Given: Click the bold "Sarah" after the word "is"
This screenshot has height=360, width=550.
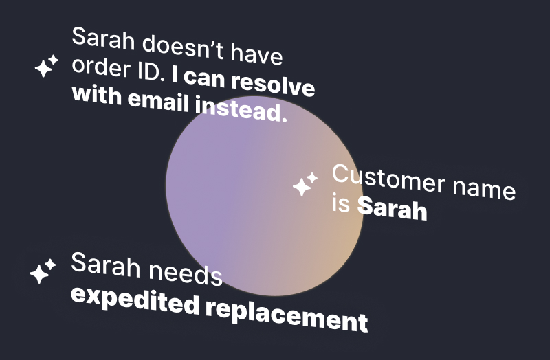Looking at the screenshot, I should click(392, 209).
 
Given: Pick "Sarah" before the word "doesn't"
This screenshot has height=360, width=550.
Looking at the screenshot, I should click(102, 40).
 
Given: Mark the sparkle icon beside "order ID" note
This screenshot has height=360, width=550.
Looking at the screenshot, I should click(46, 67).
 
